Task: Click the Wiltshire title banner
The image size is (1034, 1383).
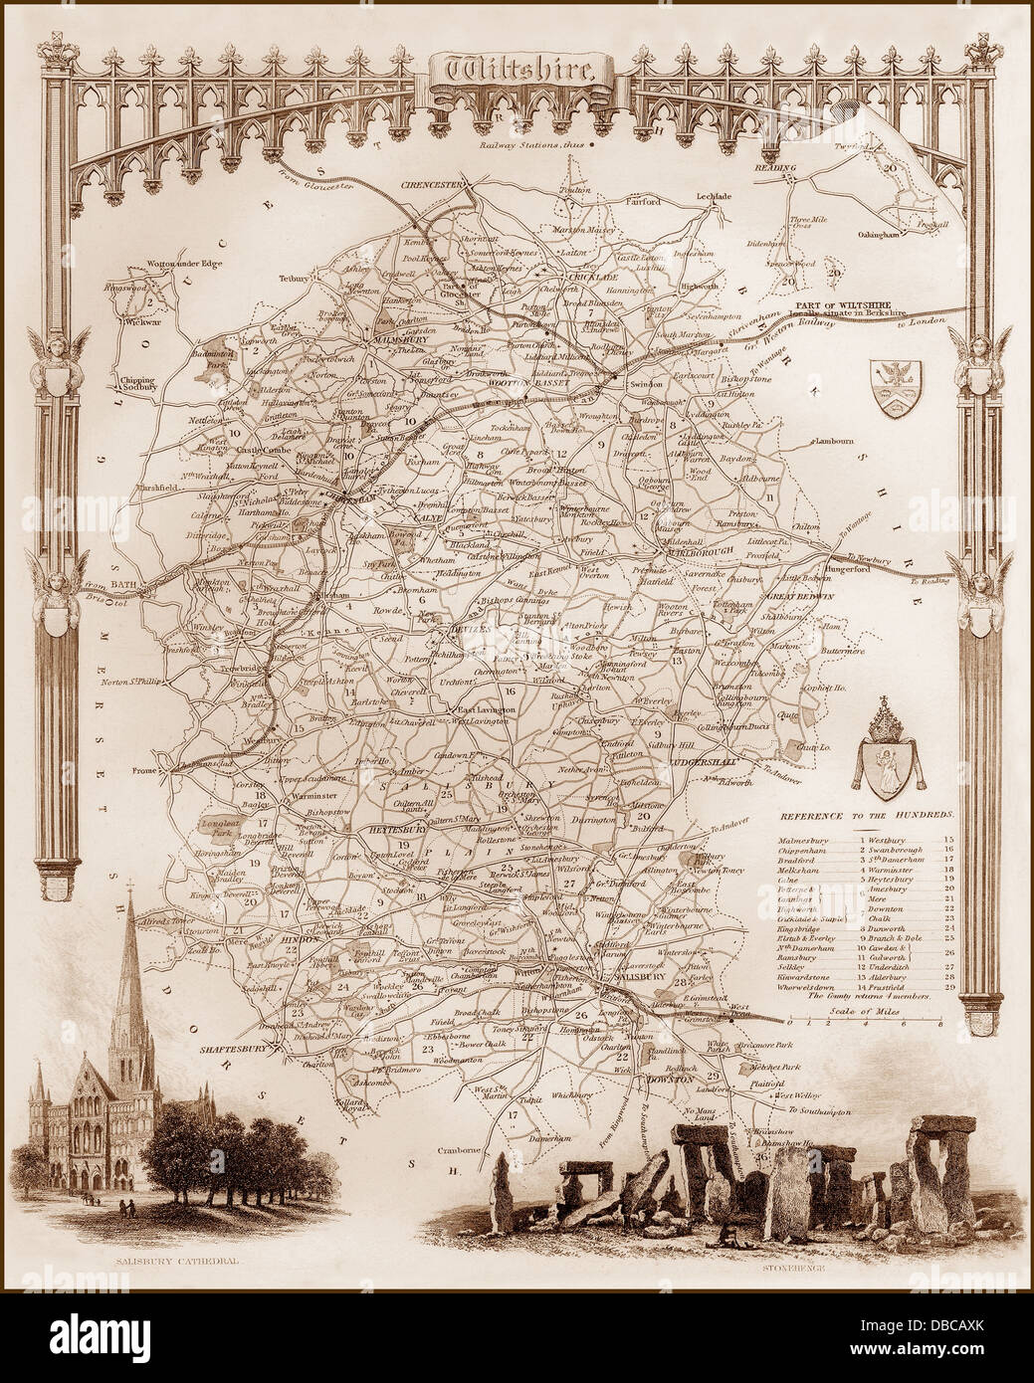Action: coord(517,68)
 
